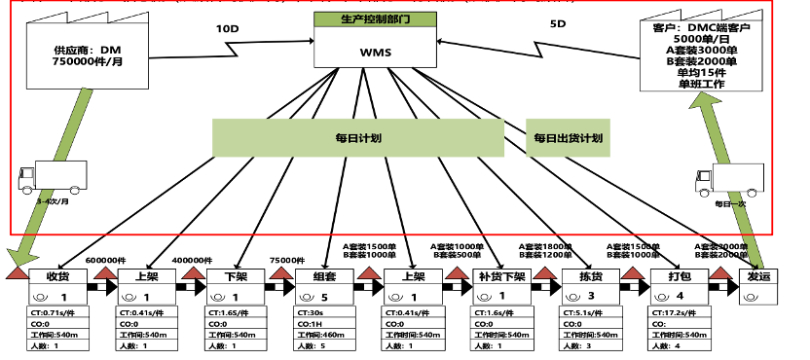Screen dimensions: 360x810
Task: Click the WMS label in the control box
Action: (375, 52)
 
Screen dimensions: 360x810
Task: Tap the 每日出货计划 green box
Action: (568, 138)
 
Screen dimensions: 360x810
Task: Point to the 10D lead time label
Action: (227, 28)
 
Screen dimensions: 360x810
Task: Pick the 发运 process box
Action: (758, 277)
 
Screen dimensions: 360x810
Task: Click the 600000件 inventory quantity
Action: (107, 260)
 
